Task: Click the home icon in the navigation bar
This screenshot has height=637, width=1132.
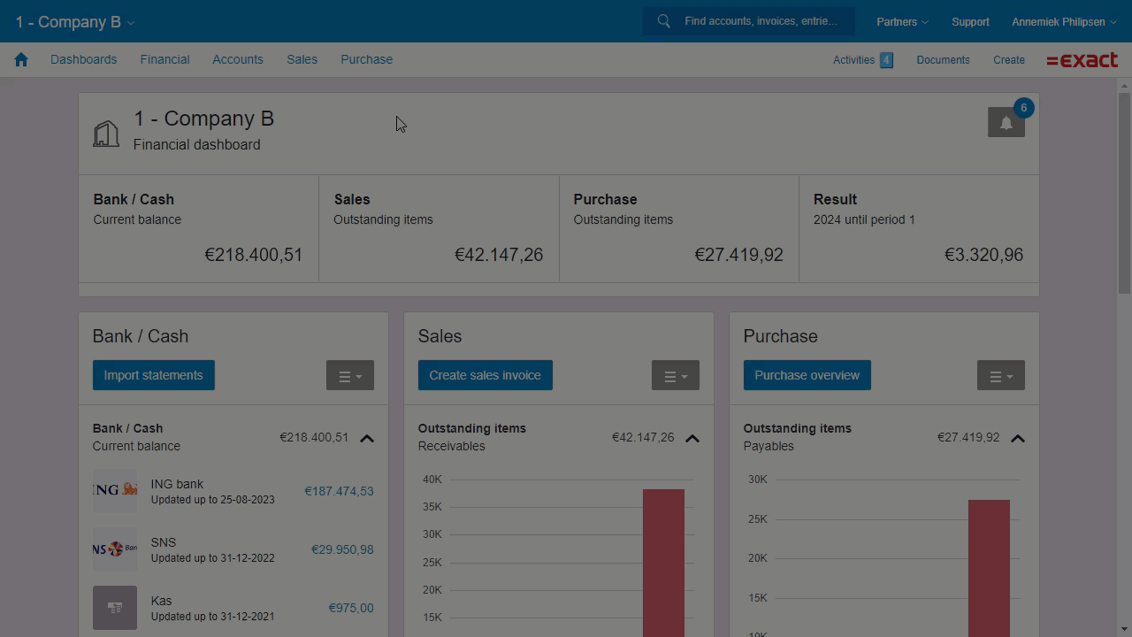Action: click(x=21, y=60)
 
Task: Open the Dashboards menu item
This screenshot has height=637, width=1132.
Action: click(x=83, y=59)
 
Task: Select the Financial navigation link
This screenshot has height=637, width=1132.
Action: click(x=164, y=59)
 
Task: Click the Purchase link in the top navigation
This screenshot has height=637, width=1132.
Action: click(x=366, y=59)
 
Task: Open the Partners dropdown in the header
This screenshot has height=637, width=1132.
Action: click(x=901, y=21)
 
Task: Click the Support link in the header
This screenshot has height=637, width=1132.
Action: click(x=970, y=21)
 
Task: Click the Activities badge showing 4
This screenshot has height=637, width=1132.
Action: click(x=886, y=60)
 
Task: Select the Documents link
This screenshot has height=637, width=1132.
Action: click(x=943, y=60)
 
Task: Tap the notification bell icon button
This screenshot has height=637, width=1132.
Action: click(x=1006, y=123)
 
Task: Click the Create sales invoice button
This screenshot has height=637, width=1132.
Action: click(x=485, y=375)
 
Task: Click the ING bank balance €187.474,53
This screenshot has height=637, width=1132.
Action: click(x=339, y=491)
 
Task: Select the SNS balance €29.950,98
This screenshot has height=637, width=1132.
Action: click(x=341, y=549)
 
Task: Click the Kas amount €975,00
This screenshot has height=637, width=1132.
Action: click(x=350, y=608)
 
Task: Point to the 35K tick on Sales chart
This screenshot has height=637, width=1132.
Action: click(x=432, y=507)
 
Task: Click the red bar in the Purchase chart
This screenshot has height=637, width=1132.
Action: click(x=989, y=566)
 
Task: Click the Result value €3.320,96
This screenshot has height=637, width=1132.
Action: click(x=983, y=255)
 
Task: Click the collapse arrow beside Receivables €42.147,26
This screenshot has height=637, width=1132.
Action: click(x=692, y=438)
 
